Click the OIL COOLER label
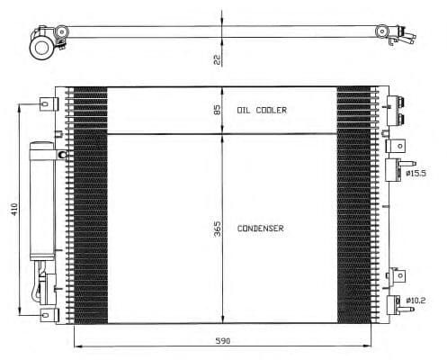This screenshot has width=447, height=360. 261,110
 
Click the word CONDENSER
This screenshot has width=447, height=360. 261,229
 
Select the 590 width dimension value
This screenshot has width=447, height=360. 223,341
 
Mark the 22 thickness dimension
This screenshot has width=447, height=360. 217,59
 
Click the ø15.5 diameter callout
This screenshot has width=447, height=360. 419,173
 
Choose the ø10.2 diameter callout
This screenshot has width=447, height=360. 419,300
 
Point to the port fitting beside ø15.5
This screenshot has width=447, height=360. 394,168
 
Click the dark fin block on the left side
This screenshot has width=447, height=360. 90,205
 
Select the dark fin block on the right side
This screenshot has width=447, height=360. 353,205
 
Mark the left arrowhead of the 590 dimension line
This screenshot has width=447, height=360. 75,346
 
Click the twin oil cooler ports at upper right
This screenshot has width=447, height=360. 396,111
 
